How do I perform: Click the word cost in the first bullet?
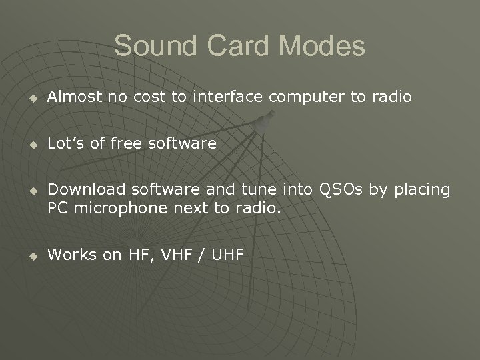pos(148,97)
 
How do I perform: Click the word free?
pos(123,143)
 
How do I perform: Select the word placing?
pos(421,191)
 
